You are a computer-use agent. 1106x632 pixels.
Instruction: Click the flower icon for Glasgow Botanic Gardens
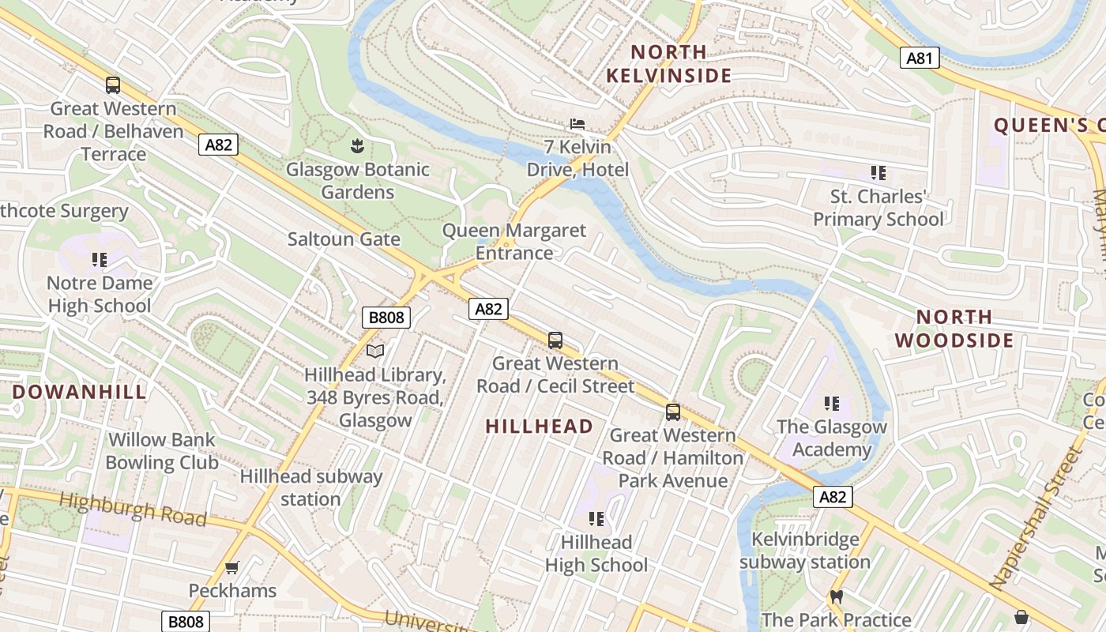pos(357,145)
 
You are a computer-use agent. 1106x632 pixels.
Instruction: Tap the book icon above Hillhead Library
pos(376,351)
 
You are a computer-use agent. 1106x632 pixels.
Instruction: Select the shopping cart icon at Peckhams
pos(231,567)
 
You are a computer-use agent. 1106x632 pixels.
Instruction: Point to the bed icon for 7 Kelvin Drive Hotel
pos(577,124)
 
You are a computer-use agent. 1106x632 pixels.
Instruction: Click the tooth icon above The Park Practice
pos(836,597)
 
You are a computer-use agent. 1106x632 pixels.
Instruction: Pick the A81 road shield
pos(919,57)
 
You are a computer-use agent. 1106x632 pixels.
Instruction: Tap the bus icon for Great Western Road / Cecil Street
pos(555,340)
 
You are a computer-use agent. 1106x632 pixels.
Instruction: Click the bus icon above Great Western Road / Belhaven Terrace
pos(113,85)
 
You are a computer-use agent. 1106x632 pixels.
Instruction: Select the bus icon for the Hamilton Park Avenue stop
pos(673,412)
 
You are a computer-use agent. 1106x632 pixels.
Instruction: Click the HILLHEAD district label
pos(539,427)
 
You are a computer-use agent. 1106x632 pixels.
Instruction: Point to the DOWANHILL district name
pos(80,392)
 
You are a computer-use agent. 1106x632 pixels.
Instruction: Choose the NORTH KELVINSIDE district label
pos(668,64)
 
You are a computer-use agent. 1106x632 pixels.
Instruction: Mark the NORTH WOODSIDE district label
pos(954,329)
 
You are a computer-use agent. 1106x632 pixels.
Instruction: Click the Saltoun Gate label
pos(344,239)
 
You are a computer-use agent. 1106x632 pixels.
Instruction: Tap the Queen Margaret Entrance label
pos(514,242)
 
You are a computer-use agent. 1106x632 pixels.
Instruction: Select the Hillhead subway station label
pos(310,487)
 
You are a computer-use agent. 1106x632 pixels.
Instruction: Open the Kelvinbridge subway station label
pos(804,551)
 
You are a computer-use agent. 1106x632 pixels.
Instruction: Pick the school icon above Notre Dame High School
pos(99,259)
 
